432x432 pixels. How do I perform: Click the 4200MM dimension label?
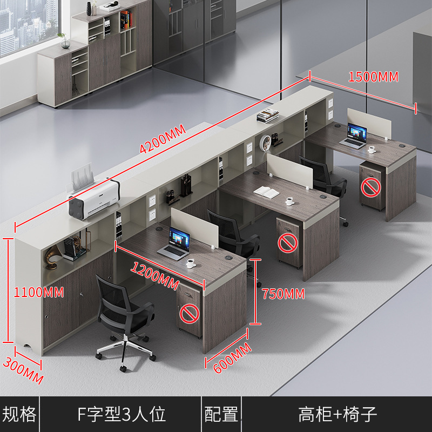[163, 139]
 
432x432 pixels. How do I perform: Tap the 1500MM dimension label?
[373, 77]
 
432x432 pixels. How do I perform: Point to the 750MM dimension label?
[283, 294]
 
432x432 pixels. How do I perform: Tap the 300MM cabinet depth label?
[23, 370]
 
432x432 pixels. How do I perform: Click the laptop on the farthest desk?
[355, 136]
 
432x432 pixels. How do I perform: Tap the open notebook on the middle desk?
[265, 191]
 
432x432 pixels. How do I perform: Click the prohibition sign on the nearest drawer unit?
[188, 313]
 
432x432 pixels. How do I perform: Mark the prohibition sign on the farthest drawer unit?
[370, 187]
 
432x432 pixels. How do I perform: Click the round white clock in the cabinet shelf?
[267, 143]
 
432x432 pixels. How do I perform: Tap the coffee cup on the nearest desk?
[191, 263]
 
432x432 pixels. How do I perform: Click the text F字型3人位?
[122, 414]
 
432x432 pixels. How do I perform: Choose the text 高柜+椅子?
[337, 414]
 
